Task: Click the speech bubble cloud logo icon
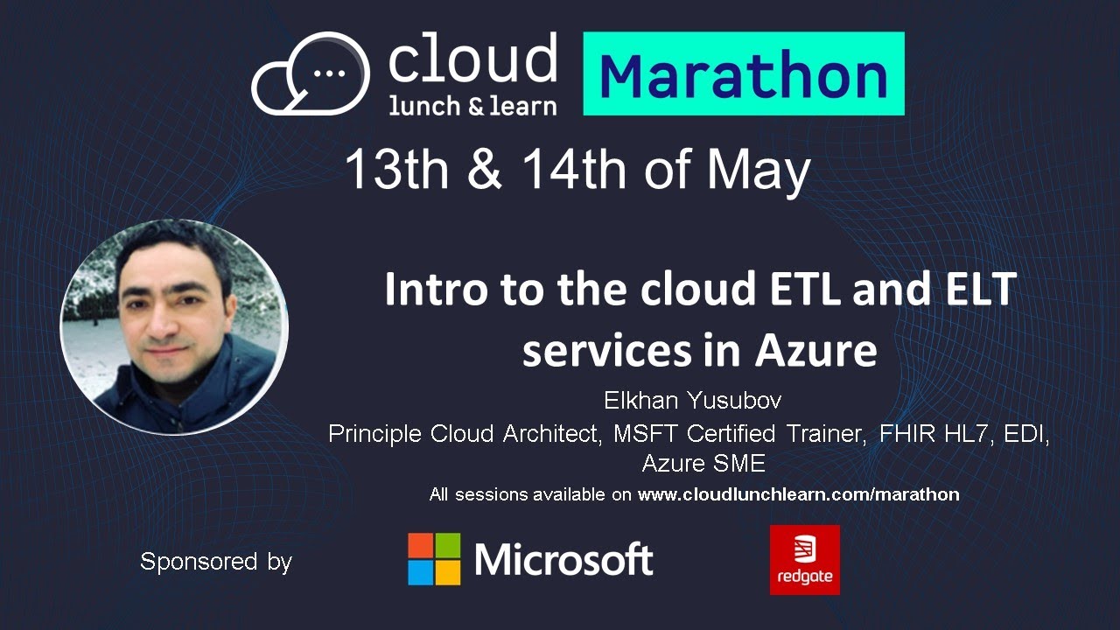[x=311, y=73]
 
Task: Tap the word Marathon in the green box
[x=743, y=75]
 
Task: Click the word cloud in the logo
[x=472, y=59]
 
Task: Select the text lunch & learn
[x=472, y=105]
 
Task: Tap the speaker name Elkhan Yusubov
[x=691, y=401]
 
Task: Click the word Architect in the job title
[x=549, y=433]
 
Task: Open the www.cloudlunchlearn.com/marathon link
[x=798, y=494]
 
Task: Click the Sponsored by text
[x=215, y=561]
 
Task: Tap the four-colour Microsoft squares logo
[x=434, y=559]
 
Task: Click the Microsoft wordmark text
[x=563, y=560]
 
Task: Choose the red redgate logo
[x=804, y=560]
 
